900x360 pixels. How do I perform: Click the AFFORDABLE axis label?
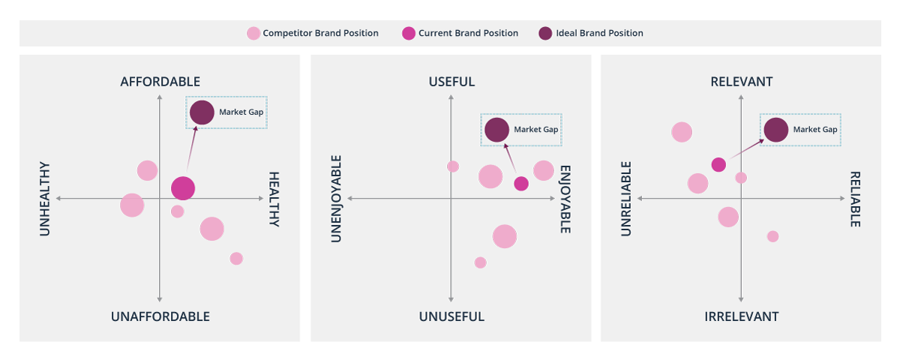(x=160, y=82)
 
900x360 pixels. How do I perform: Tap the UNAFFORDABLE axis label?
(x=160, y=316)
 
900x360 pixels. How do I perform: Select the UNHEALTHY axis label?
(x=44, y=199)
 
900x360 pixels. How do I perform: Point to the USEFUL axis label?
(x=451, y=82)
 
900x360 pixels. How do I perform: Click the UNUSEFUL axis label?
(x=451, y=316)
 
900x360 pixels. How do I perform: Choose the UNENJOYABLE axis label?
(x=337, y=199)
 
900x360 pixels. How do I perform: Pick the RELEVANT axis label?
(x=741, y=82)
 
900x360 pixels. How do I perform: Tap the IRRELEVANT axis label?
(x=741, y=316)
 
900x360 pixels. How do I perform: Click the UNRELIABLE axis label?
(x=626, y=199)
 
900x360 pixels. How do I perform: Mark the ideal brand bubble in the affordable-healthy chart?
(x=202, y=112)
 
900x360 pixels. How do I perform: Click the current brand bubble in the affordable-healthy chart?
(x=183, y=188)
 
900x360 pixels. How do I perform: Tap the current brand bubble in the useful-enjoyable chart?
(x=521, y=184)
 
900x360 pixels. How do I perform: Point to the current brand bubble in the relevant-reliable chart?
(x=718, y=165)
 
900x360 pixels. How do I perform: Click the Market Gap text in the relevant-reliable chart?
(x=815, y=130)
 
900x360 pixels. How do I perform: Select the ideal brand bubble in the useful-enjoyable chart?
(x=496, y=130)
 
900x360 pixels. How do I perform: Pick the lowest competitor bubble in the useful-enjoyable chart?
(x=480, y=262)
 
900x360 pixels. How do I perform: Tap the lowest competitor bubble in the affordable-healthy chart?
(x=236, y=259)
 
